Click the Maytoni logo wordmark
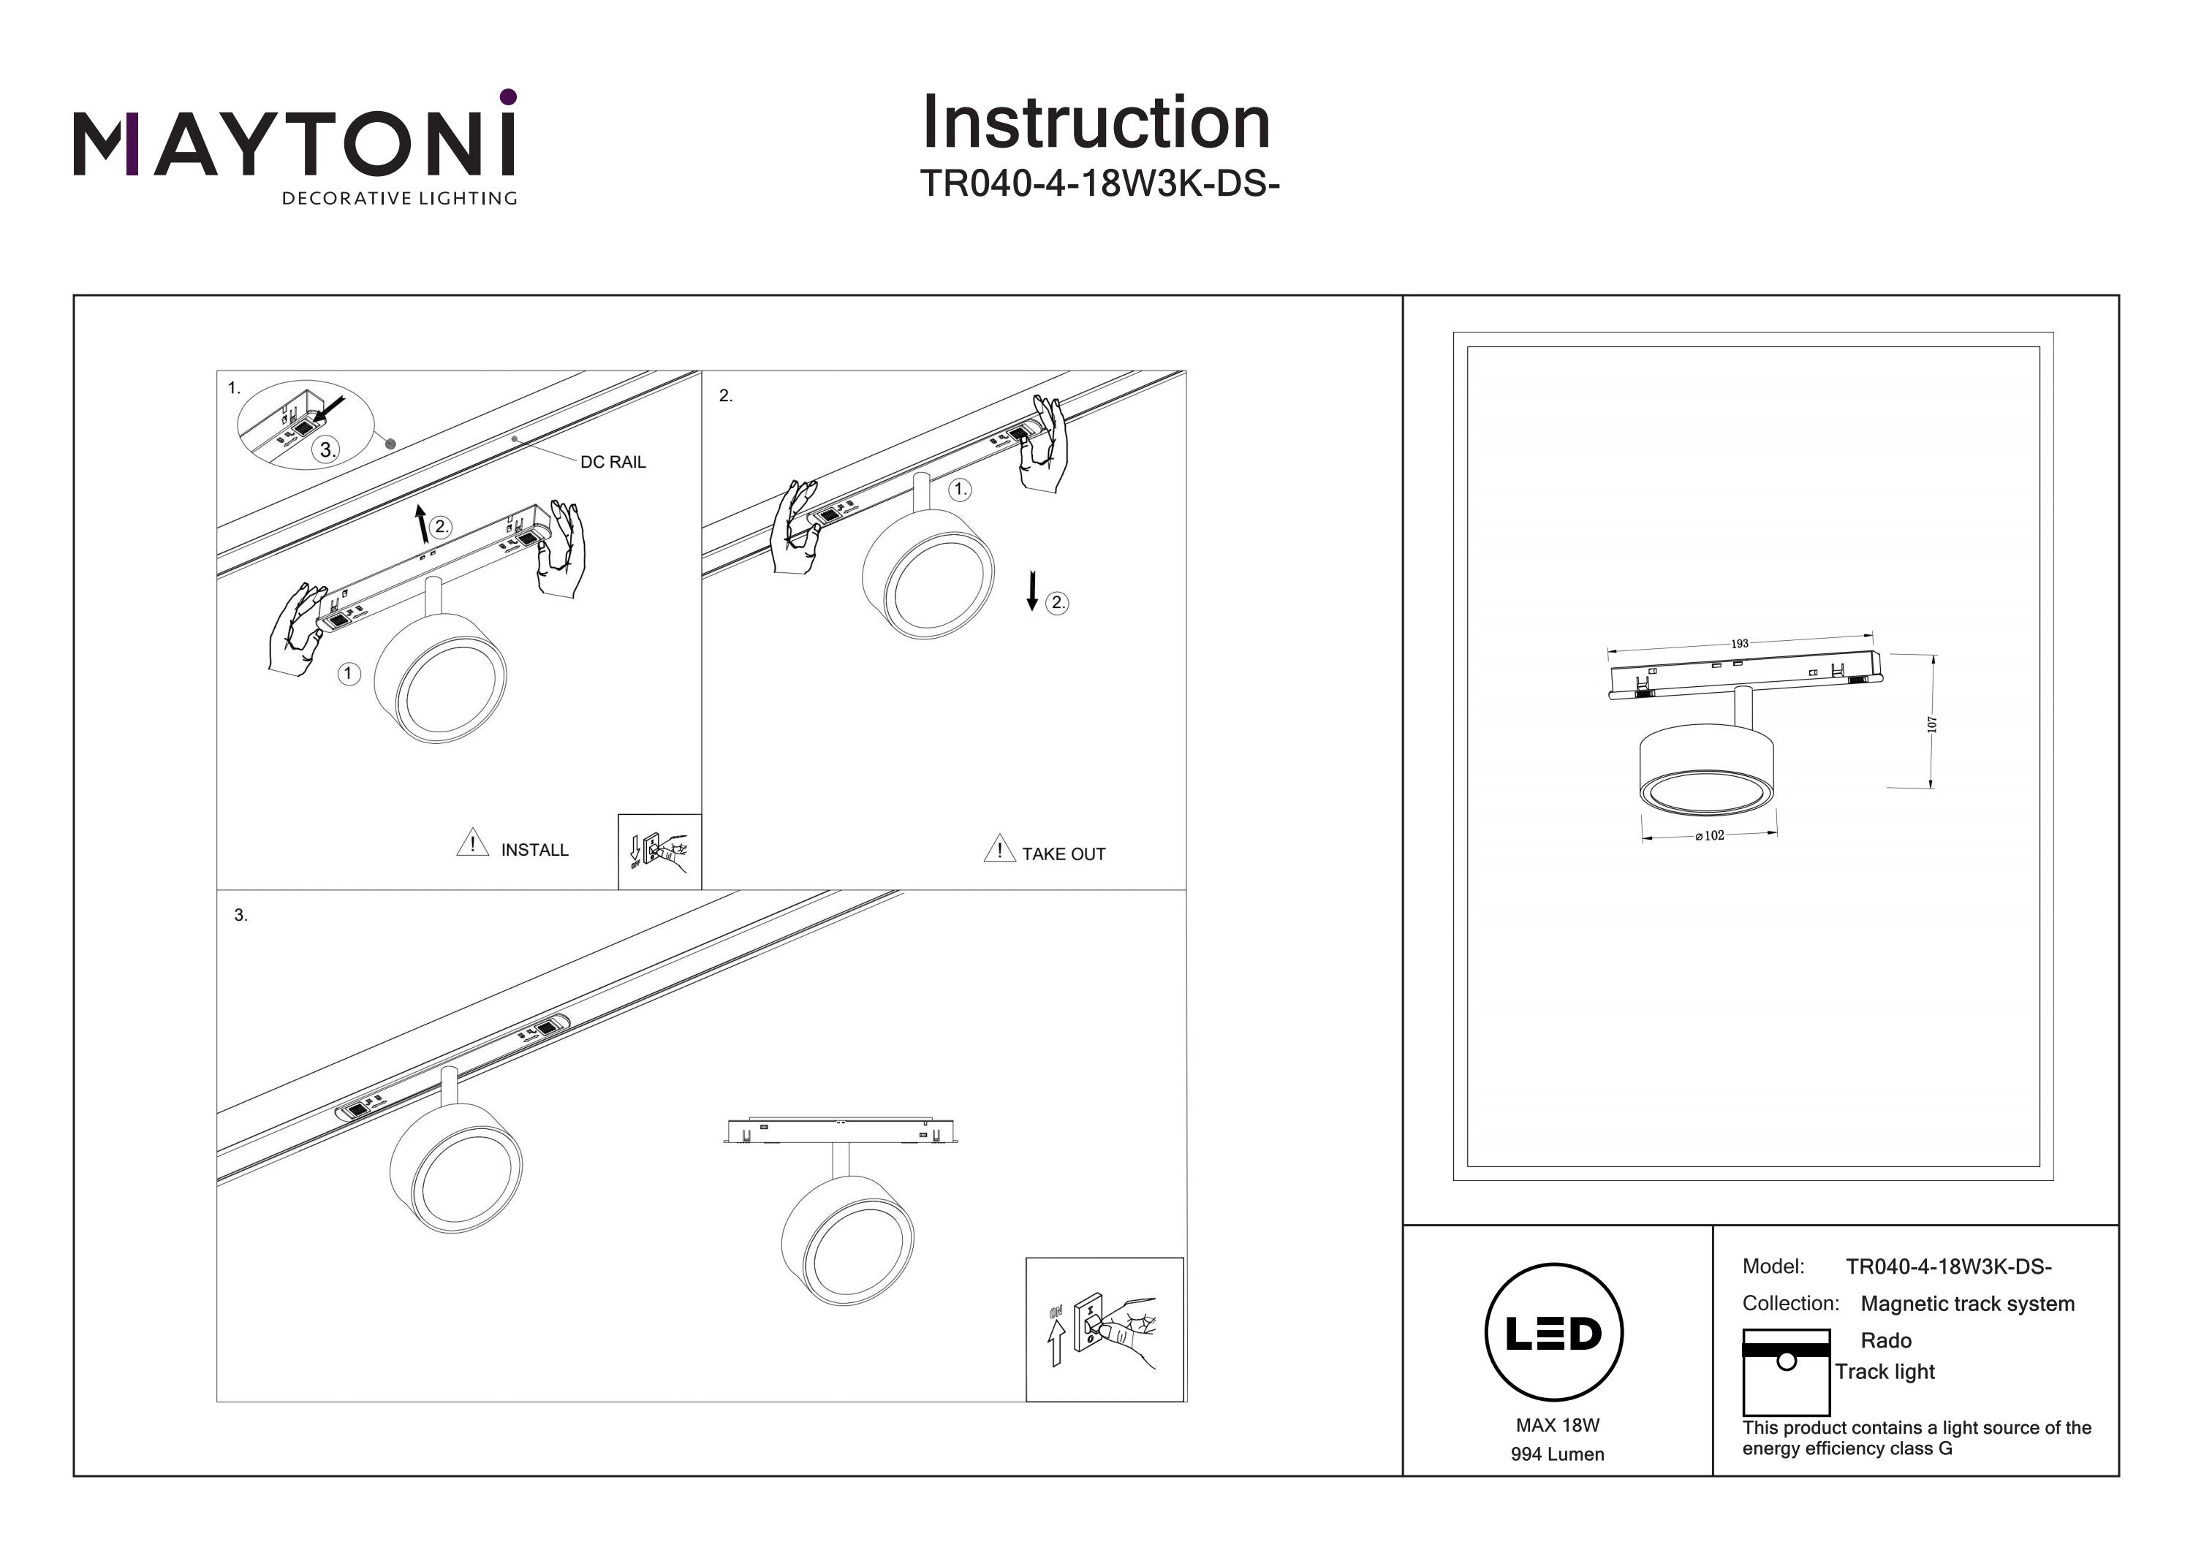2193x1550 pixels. point(294,143)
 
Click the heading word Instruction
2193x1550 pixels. point(1096,124)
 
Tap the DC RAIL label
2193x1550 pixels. point(613,463)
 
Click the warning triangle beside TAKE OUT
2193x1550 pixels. point(999,849)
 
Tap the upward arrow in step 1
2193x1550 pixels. point(420,524)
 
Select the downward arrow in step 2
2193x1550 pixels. point(1031,590)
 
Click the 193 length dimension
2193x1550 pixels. point(1739,644)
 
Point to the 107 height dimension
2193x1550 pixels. point(1931,724)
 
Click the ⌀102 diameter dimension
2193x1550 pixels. point(1710,835)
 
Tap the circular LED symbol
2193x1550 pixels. point(1554,1333)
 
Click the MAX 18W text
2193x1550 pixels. point(1557,1426)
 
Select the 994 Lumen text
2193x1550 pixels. point(1557,1454)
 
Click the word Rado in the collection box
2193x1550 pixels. point(1885,1341)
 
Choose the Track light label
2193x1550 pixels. point(1885,1372)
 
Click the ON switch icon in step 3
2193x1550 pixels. point(1104,1329)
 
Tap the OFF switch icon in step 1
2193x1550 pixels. point(660,851)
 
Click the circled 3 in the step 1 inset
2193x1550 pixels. point(327,450)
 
